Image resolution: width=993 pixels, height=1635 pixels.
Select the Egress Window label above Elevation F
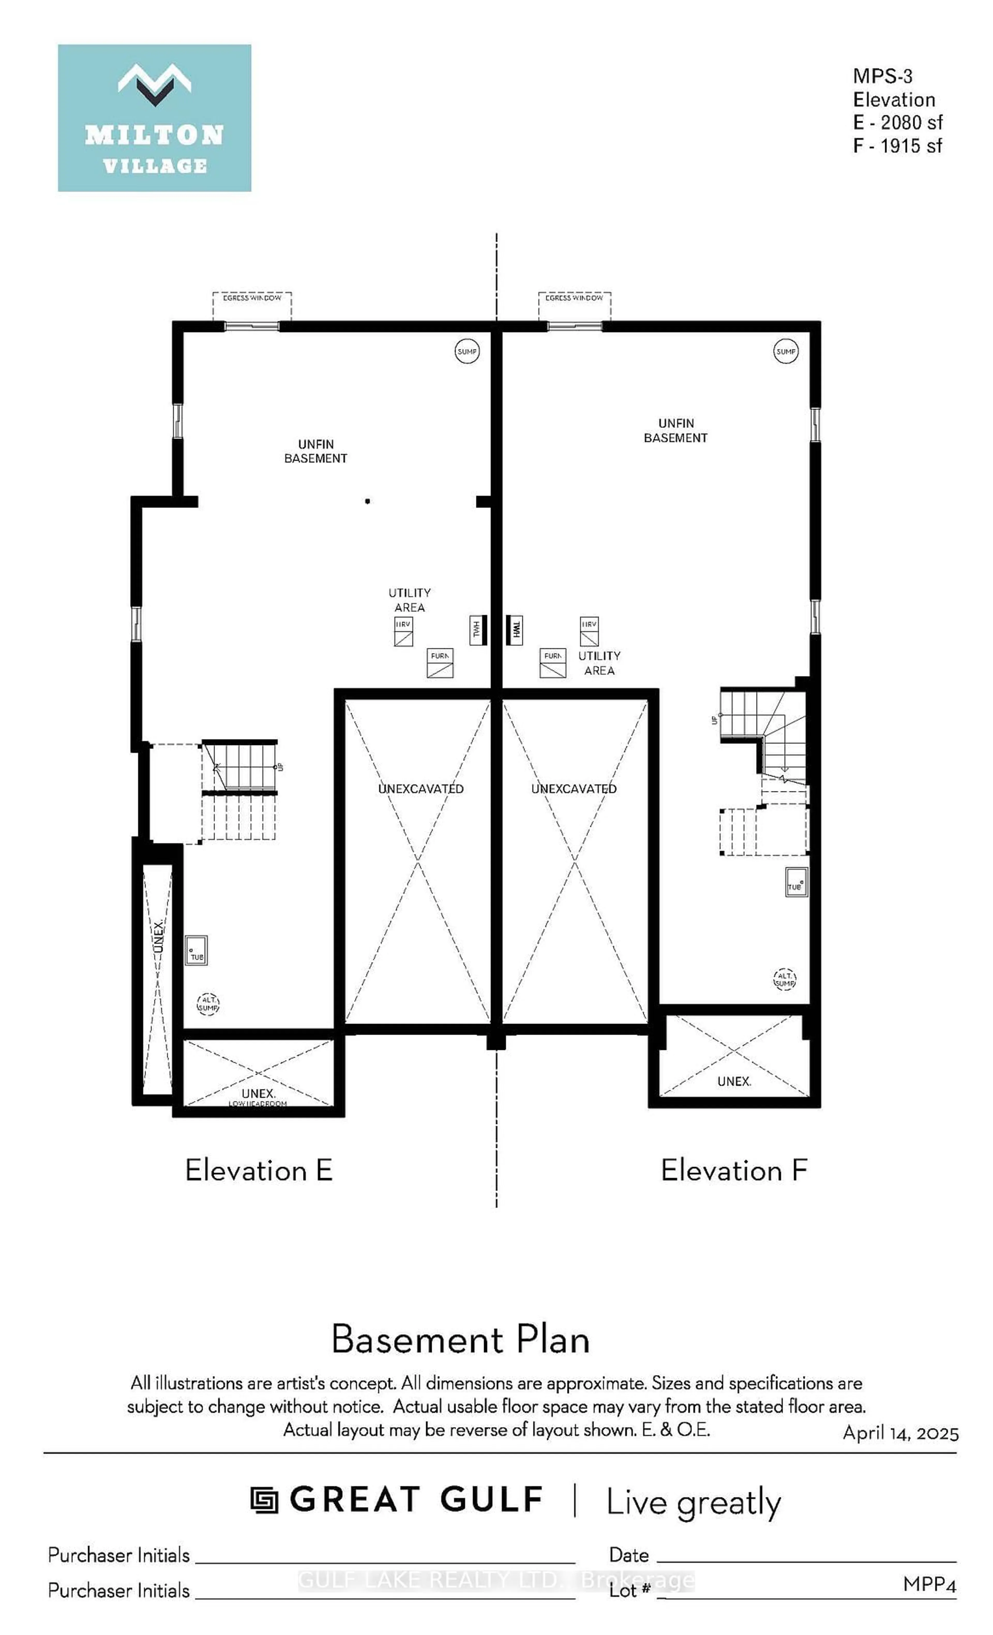(x=574, y=298)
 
